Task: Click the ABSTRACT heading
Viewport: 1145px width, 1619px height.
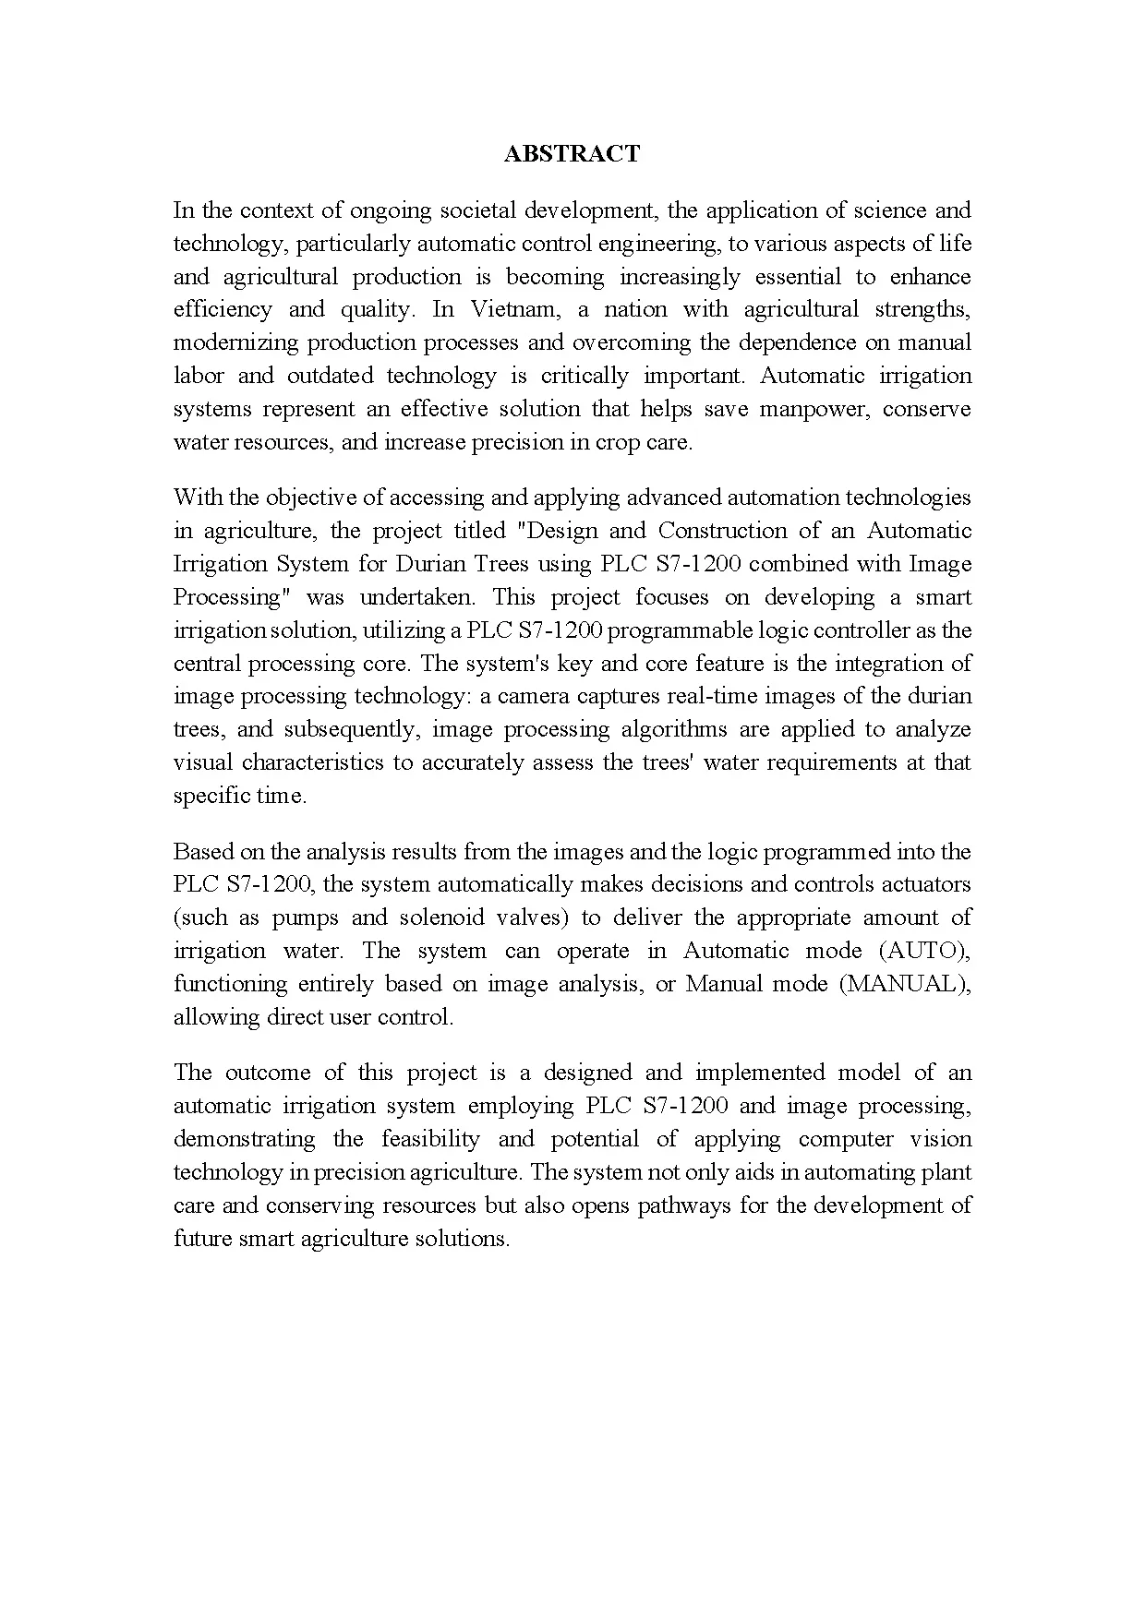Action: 572,154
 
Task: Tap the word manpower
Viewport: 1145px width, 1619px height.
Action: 814,409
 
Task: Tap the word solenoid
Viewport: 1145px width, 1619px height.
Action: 442,917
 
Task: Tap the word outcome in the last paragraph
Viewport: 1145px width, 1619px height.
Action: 268,1073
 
